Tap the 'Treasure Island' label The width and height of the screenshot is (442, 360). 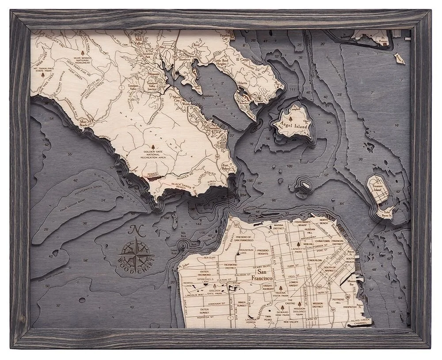tap(376, 185)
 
